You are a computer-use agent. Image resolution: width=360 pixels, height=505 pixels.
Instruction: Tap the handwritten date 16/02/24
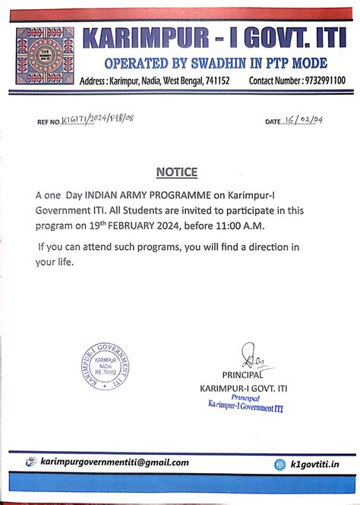[x=304, y=120]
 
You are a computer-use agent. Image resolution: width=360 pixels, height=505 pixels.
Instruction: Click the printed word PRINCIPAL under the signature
[x=243, y=375]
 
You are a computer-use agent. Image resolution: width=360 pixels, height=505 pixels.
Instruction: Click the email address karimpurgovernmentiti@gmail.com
[x=115, y=462]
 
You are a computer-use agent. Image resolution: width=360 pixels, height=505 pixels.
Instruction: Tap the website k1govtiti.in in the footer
[x=315, y=464]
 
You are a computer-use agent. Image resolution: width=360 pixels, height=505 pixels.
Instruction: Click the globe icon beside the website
[x=280, y=464]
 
